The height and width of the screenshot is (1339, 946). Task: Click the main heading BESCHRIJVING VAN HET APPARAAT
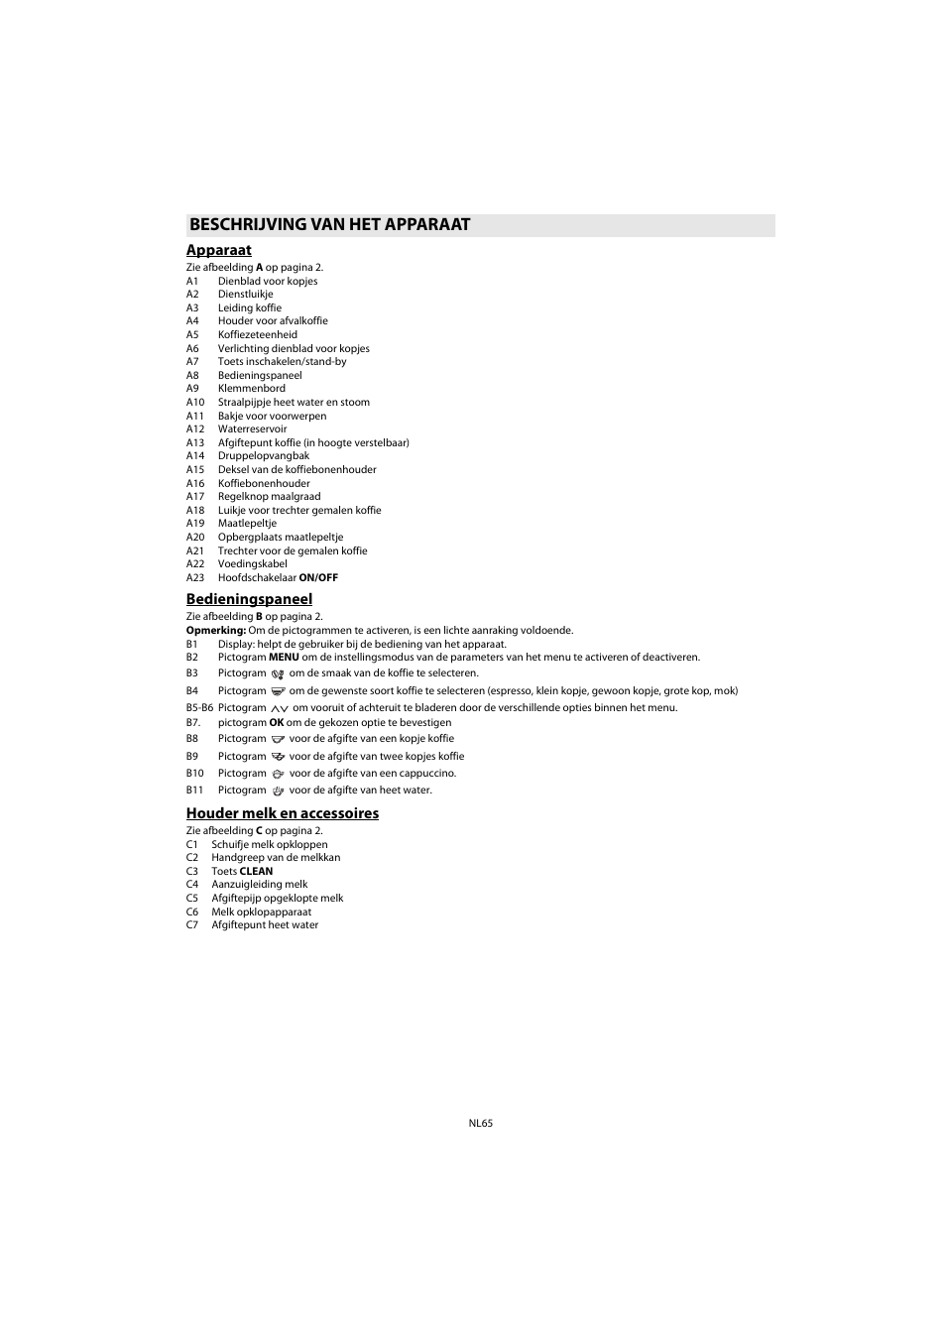[x=329, y=225]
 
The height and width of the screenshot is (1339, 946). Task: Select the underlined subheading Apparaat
[x=219, y=251]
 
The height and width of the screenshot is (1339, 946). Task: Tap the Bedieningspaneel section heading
[x=249, y=599]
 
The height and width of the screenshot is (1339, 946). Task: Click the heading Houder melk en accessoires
[x=283, y=813]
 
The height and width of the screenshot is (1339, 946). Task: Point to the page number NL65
[x=481, y=1124]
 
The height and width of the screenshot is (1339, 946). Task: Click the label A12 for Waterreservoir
[x=195, y=429]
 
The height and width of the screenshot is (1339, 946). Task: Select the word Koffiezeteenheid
[x=258, y=335]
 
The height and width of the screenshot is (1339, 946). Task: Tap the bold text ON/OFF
[x=318, y=578]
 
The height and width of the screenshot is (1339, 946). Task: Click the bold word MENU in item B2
[x=284, y=658]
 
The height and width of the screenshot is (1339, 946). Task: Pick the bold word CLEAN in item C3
[x=256, y=872]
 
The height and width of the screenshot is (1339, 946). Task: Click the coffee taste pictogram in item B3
[x=278, y=674]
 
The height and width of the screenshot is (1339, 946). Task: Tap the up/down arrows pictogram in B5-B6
[x=279, y=708]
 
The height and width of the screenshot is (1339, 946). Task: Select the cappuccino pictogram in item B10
[x=278, y=774]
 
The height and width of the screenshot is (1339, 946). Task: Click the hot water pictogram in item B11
[x=278, y=791]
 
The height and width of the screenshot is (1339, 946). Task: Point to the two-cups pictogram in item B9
[x=278, y=757]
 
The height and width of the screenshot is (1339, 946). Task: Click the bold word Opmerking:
[x=216, y=631]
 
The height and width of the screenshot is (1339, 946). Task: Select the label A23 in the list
[x=195, y=578]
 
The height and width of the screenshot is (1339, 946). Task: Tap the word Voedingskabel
[x=253, y=564]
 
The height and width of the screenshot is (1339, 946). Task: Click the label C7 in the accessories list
[x=192, y=925]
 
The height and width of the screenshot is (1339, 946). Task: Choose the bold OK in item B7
[x=277, y=723]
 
